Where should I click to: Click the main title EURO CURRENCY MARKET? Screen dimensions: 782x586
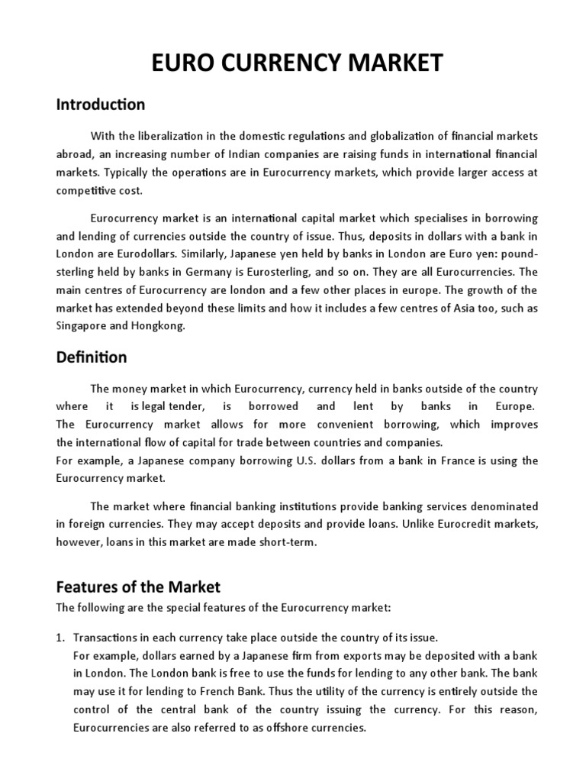click(x=293, y=63)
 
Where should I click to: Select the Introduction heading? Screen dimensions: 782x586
click(x=100, y=104)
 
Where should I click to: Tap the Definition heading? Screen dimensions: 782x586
click(x=92, y=357)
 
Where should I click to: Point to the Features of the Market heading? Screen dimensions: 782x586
click(x=138, y=587)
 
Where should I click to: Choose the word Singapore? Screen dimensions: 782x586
click(x=82, y=326)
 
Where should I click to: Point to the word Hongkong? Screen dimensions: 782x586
click(x=162, y=326)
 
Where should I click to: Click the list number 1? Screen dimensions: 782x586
click(x=61, y=637)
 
